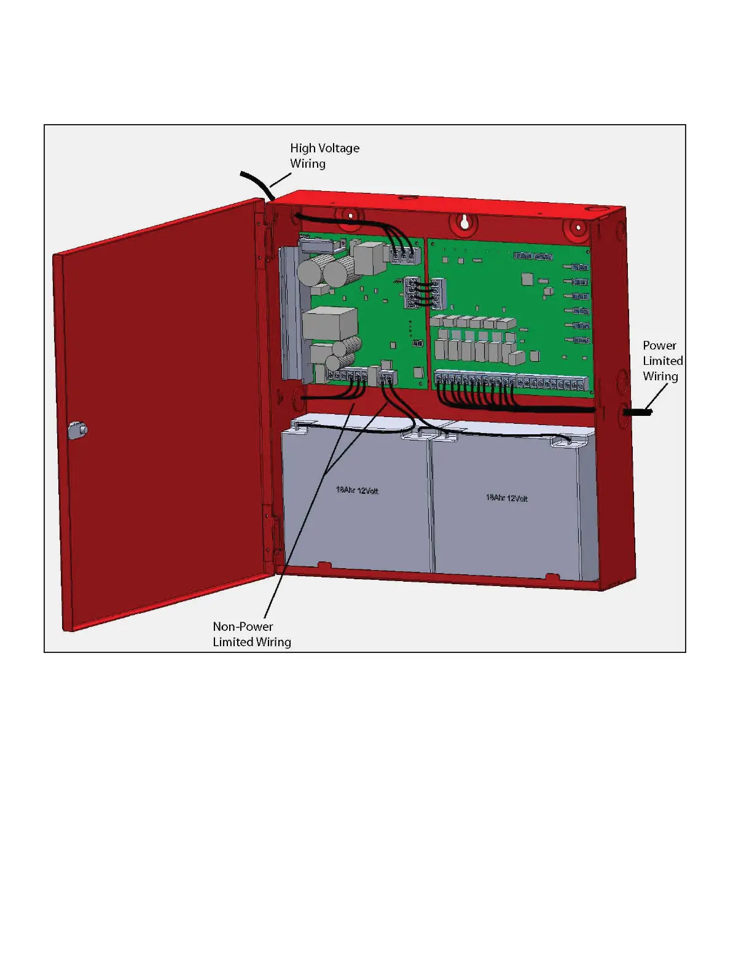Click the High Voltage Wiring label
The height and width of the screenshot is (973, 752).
click(x=324, y=155)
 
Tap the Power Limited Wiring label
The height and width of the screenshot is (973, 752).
click(x=662, y=361)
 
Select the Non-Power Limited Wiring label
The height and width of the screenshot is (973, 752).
click(x=251, y=634)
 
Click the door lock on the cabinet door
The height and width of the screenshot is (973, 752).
click(x=78, y=430)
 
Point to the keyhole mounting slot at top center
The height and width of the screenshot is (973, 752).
click(x=465, y=222)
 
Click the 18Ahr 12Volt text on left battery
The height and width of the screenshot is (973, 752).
click(x=357, y=490)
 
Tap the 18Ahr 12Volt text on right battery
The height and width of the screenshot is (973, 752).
click(x=507, y=498)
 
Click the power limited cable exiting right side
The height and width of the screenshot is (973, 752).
click(x=637, y=412)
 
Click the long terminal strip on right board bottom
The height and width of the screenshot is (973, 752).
click(x=510, y=382)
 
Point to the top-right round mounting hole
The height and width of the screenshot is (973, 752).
click(x=578, y=229)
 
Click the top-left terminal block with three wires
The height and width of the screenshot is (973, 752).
click(x=403, y=254)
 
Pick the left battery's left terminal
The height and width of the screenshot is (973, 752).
click(x=298, y=426)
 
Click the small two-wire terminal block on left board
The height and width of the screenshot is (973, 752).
click(x=386, y=377)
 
